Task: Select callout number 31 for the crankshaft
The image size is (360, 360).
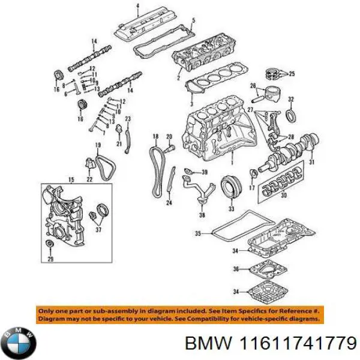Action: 311,162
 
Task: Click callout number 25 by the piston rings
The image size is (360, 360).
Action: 292,74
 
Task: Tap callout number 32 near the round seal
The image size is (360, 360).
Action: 290,99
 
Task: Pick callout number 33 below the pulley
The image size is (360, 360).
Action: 231,209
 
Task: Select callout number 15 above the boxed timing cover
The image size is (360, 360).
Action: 71,179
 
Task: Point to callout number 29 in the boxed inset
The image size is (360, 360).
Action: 50,259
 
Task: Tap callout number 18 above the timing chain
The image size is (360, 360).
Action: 155,137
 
